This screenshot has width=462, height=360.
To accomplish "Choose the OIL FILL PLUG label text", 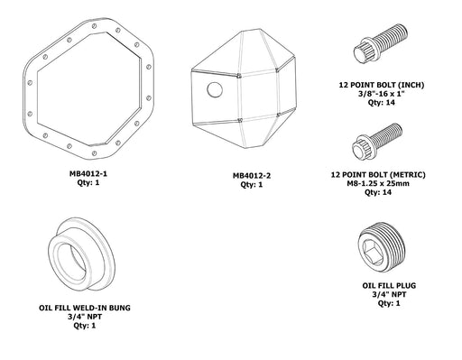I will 384,284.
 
